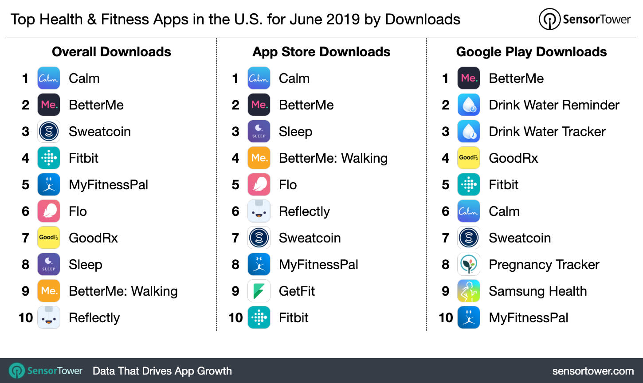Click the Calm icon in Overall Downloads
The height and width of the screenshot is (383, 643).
coord(49,78)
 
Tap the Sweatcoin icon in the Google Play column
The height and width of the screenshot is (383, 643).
coord(469,238)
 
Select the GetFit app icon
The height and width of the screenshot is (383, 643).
coord(259,291)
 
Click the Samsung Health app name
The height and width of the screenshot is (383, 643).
coord(537,291)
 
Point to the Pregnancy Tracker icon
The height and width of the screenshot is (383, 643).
coord(469,265)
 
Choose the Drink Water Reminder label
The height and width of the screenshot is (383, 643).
coord(554,105)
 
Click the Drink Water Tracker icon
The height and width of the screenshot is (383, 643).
coord(469,132)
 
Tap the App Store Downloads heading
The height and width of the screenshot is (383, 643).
coord(321,52)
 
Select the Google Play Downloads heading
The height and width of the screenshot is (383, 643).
coord(531,52)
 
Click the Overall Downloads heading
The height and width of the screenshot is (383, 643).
coord(111,52)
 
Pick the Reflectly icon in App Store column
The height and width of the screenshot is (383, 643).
coord(259,211)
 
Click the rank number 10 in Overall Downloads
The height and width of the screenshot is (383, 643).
coord(26,318)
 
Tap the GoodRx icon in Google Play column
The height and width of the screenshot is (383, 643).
coord(469,158)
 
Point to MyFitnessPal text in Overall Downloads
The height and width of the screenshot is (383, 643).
coord(108,185)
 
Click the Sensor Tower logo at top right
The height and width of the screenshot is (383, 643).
coord(584,20)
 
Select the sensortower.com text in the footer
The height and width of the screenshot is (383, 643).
coord(593,371)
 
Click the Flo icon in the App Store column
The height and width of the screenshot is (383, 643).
coord(259,185)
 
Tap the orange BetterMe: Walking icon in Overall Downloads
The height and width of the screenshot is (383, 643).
coord(49,291)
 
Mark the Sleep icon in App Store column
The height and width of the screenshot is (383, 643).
coord(259,132)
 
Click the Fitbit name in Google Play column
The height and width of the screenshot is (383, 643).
coord(503,185)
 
